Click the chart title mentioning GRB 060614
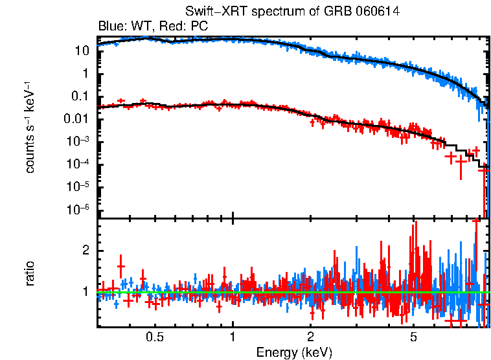tap(292, 12)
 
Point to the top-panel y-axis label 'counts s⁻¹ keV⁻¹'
tap(30, 127)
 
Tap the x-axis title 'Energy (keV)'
tap(294, 352)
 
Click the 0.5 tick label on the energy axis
tap(154, 337)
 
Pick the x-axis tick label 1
tap(233, 337)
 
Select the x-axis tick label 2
tap(311, 337)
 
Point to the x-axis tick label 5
tap(414, 337)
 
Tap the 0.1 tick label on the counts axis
tap(80, 96)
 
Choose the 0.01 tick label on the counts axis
tap(77, 119)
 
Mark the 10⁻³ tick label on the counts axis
tap(78, 141)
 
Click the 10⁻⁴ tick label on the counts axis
tap(78, 164)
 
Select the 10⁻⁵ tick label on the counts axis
tap(78, 186)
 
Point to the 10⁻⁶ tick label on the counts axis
tap(78, 209)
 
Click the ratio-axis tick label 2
tap(84, 251)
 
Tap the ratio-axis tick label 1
tap(84, 292)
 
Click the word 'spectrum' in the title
tap(266, 12)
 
